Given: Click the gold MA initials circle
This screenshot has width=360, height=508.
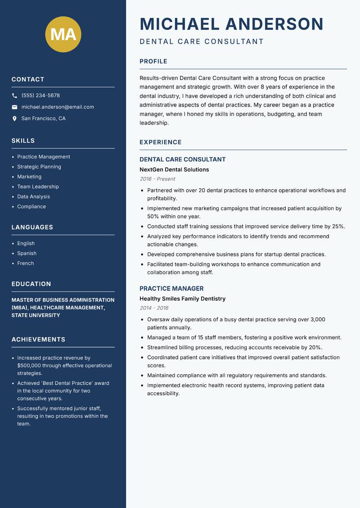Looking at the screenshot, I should [63, 34].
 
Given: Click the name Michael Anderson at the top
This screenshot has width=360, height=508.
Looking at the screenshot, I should [231, 24].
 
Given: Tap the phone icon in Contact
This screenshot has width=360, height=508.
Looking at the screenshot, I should [14, 96].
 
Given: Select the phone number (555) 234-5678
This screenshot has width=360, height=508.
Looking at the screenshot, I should [40, 96].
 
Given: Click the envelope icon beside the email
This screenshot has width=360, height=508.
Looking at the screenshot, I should [14, 107].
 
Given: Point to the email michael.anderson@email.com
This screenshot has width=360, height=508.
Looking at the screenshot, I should [58, 107].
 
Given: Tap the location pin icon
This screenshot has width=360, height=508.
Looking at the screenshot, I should [14, 119].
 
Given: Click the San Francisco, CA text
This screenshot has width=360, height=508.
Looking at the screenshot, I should [43, 119].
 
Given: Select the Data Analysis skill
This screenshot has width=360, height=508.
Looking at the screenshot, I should [33, 196].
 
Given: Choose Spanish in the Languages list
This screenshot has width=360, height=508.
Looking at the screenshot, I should [27, 253].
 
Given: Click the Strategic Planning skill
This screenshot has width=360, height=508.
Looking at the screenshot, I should [39, 167].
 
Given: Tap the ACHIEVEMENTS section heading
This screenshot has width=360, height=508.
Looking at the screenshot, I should [38, 339].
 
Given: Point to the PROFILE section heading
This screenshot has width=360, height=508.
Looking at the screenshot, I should [153, 62].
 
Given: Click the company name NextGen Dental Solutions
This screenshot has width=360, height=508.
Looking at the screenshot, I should [174, 169].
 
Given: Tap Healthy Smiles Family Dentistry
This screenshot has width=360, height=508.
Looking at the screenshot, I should [182, 299].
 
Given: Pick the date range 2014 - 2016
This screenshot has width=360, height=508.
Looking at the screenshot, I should [154, 308].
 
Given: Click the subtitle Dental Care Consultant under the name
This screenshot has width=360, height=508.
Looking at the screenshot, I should [202, 42].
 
